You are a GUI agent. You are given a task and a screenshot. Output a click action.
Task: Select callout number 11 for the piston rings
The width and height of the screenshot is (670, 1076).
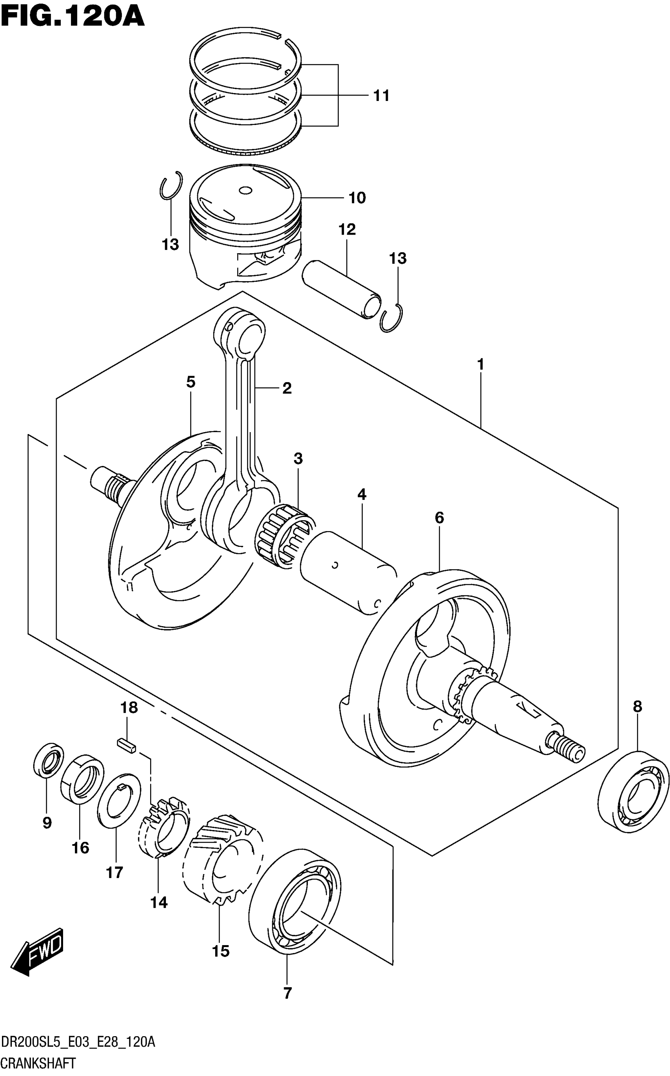tap(381, 96)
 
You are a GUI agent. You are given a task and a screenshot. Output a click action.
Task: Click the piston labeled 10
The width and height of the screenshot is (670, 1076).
tap(245, 222)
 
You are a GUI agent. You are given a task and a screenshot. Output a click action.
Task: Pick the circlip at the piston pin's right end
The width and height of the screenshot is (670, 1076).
tap(392, 318)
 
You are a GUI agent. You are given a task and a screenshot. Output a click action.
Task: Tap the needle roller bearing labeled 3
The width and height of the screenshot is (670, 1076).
tap(284, 536)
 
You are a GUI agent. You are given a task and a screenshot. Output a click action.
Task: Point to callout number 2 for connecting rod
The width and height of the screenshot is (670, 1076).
tap(287, 389)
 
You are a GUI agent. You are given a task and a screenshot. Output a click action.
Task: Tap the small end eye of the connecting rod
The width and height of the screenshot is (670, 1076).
tap(250, 339)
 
